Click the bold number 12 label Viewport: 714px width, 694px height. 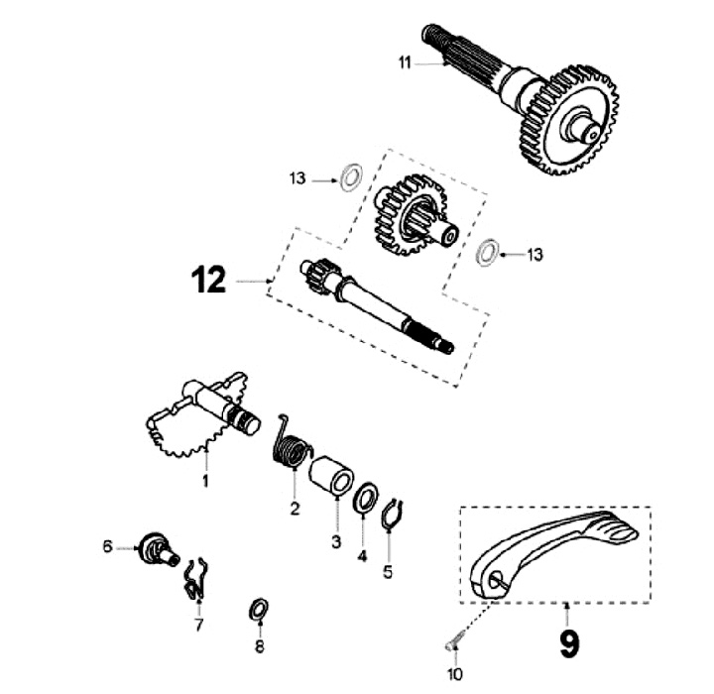pos(211,283)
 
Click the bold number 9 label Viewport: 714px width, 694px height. pos(568,643)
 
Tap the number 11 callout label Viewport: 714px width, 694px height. pos(405,62)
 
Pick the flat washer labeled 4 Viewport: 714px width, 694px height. pos(364,496)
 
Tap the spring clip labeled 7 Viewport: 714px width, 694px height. pos(196,578)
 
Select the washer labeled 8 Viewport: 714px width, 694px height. pos(256,609)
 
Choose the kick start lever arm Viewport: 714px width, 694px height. pos(555,551)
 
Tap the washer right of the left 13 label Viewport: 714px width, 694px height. pos(348,179)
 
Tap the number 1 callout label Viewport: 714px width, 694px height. pos(206,481)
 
